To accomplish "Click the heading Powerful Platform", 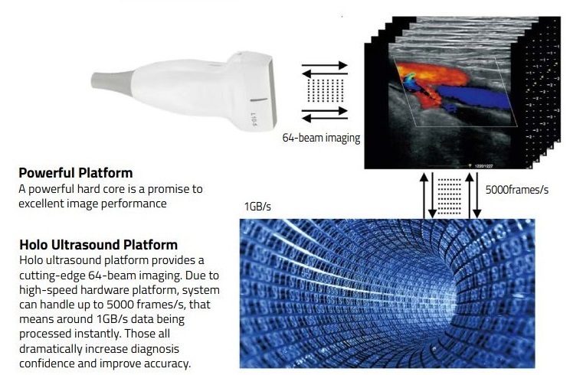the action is point(75,173).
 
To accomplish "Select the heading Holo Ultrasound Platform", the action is point(98,246).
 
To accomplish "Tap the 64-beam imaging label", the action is point(321,139).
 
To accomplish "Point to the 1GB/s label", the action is point(257,207).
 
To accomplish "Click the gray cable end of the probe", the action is point(104,79).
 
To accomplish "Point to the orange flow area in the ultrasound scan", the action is point(426,73).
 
